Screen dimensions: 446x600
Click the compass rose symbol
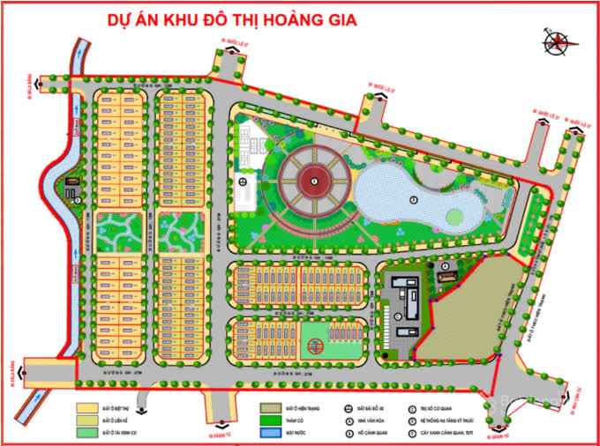558,41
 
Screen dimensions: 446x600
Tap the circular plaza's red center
314,182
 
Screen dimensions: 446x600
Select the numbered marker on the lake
414,198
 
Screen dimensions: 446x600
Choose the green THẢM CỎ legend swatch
271,422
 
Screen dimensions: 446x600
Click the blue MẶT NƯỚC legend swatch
271,434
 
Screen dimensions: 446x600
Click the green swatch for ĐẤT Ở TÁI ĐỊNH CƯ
86,434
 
